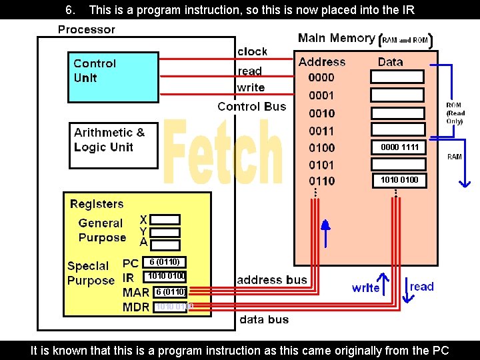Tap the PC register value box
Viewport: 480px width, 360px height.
[163, 262]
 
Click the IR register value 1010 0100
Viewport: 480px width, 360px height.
[166, 276]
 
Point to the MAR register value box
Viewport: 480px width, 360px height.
[169, 291]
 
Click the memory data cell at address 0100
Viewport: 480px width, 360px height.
[399, 147]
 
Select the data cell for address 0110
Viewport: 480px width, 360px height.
[399, 179]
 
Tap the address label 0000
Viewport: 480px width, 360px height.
[321, 77]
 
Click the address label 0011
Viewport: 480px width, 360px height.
[321, 131]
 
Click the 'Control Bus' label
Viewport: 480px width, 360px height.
[251, 106]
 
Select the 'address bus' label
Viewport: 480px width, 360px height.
[272, 279]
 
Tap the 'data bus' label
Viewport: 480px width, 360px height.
[264, 319]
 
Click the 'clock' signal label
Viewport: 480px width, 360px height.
[252, 51]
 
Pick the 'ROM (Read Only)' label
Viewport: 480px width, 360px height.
[455, 113]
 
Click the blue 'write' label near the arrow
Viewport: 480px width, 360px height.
[365, 287]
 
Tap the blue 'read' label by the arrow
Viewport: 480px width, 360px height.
[421, 287]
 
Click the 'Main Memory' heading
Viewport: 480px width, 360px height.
[336, 38]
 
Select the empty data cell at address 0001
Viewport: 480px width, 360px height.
[397, 95]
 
